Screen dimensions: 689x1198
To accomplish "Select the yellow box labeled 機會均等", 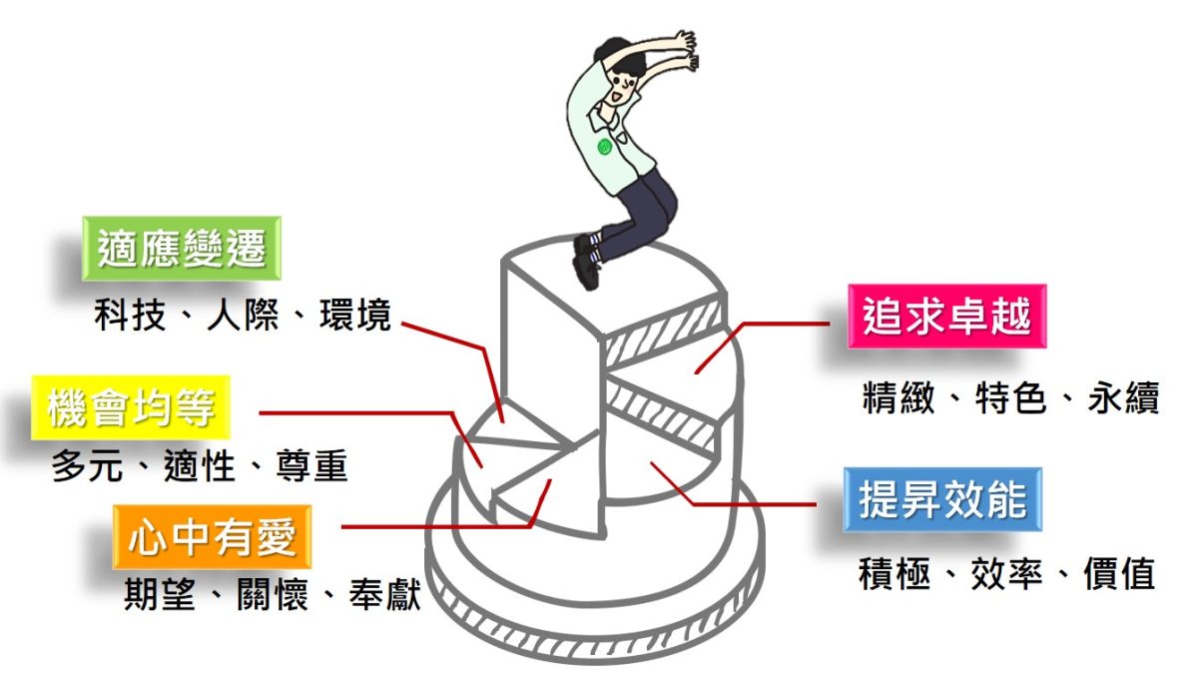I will click(x=131, y=408).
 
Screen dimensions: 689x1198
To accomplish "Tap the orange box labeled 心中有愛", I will click(x=213, y=537).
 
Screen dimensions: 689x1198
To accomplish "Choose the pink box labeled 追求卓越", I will click(x=946, y=317).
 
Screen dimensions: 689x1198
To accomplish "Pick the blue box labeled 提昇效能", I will click(x=943, y=497).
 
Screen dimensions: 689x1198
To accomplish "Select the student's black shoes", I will click(x=587, y=260).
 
